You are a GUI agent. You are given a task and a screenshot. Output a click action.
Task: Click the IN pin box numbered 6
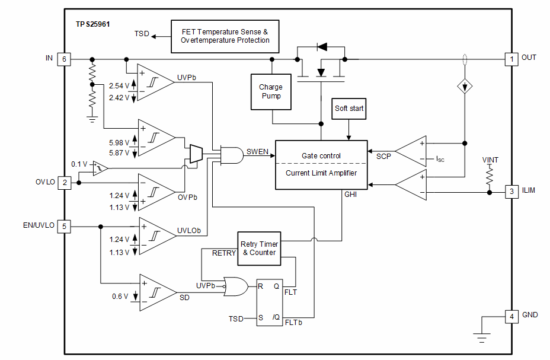64,59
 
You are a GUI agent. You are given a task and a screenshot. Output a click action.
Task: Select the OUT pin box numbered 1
510,59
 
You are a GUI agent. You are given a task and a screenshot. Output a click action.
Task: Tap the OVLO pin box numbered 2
64,183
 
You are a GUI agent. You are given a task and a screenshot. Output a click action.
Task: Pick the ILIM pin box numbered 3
510,192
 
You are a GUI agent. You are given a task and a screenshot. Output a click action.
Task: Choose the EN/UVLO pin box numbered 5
64,226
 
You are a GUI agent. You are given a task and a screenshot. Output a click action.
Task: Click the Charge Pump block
271,91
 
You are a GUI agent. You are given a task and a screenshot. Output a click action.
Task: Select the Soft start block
349,109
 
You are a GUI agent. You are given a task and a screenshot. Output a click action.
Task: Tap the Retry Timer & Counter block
259,248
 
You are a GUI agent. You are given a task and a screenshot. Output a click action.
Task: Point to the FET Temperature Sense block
225,36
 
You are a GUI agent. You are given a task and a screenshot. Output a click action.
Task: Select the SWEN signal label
257,152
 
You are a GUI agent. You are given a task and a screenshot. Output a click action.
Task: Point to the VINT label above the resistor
490,160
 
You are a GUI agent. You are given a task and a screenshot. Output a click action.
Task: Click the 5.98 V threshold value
119,142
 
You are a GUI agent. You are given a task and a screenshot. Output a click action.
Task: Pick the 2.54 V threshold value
119,87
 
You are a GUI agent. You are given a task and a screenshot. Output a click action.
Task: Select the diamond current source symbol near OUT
465,87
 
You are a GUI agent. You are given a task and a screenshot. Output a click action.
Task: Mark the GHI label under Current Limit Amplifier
351,194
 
